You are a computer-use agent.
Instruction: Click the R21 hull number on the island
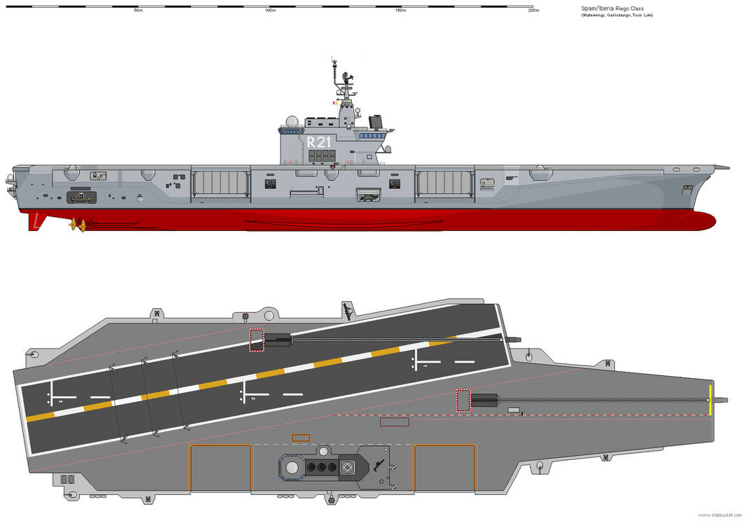(319, 142)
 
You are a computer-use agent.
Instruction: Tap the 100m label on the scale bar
(269, 11)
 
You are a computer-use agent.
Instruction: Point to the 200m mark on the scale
(532, 11)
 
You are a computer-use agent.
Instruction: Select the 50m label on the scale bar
(138, 11)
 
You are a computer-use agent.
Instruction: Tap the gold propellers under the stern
(77, 225)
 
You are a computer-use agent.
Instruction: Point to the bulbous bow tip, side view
(710, 221)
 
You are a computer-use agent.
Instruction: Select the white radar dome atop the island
(290, 123)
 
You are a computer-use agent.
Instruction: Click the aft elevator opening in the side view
(220, 182)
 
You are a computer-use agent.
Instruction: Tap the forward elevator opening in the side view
(444, 182)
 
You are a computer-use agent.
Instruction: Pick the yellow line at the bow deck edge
(710, 400)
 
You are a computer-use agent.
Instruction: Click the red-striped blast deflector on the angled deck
(256, 340)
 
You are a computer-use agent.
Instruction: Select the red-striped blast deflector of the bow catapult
(463, 400)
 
